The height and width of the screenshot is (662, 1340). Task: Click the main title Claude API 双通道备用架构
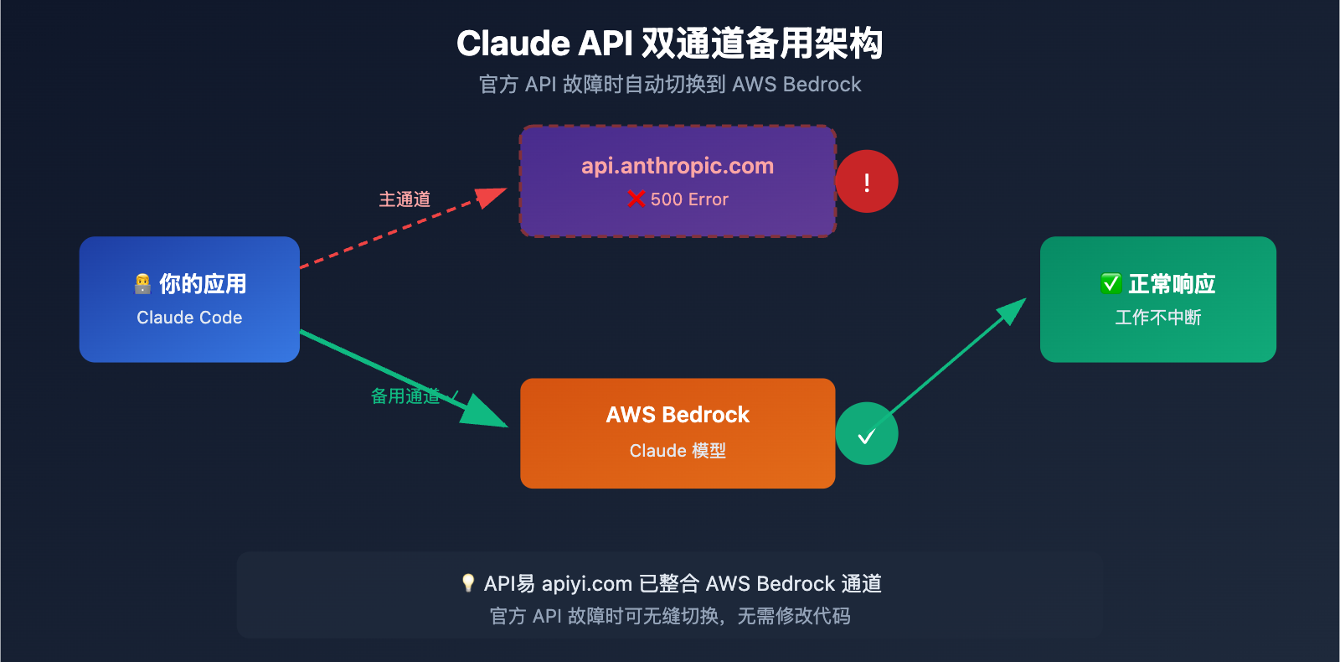point(669,44)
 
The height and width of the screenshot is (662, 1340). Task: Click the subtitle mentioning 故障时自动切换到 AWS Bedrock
point(669,85)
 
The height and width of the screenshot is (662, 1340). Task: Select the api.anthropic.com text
point(678,166)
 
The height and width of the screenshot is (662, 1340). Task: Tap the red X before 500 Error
point(636,199)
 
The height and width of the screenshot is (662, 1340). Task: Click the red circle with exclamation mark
point(867,182)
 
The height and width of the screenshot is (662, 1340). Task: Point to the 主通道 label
point(405,199)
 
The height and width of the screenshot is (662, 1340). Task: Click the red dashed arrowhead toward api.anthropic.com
point(492,197)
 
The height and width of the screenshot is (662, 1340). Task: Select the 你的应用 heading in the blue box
point(203,284)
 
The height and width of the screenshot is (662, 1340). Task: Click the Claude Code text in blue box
point(189,318)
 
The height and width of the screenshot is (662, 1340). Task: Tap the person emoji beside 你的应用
point(143,284)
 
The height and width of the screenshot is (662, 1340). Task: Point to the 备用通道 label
point(405,396)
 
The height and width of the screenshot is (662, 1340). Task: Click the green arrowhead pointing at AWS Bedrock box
point(486,412)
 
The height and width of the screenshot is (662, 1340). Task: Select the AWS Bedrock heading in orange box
point(678,415)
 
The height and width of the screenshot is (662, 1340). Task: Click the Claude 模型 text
point(678,451)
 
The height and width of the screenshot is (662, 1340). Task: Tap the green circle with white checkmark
point(867,434)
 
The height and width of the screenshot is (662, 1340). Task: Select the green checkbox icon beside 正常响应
point(1111,284)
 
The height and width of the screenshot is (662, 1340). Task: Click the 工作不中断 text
point(1157,318)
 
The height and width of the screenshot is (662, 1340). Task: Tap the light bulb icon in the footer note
point(468,583)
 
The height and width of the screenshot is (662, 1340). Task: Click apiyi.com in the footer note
point(586,584)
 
